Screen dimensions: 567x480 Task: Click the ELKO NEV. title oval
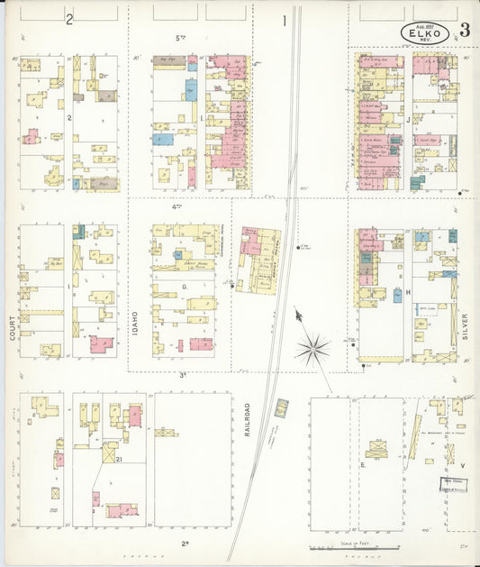[426, 32]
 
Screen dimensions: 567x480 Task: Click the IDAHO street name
[135, 322]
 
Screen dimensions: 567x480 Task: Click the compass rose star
[312, 349]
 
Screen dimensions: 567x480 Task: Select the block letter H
[407, 293]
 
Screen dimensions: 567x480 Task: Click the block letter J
[408, 118]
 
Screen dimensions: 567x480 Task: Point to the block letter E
[362, 465]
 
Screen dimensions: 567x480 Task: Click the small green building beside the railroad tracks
[282, 407]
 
